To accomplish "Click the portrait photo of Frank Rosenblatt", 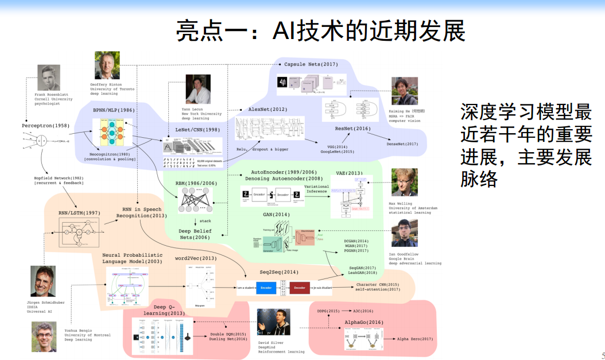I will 49,78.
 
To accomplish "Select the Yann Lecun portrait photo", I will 197,89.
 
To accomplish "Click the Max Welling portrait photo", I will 405,182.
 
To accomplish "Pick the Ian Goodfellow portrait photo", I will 405,233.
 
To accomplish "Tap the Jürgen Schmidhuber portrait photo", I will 43,281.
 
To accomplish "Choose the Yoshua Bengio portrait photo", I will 44,336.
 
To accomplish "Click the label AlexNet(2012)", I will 267,109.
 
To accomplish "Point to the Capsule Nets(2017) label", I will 311,64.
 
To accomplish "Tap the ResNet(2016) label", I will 353,129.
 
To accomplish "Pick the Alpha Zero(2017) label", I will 415,339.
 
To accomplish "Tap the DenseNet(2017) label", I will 402,144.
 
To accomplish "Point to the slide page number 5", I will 602,354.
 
